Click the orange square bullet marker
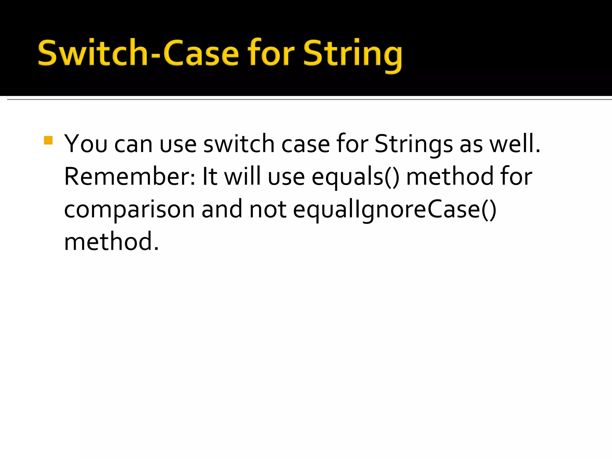tap(48, 140)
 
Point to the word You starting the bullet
tap(86, 144)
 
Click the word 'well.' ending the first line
tap(515, 144)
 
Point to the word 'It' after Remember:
tap(210, 177)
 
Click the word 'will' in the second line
tap(242, 177)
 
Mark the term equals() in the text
tap(355, 177)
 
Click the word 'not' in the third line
tap(268, 210)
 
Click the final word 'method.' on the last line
tap(111, 242)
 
